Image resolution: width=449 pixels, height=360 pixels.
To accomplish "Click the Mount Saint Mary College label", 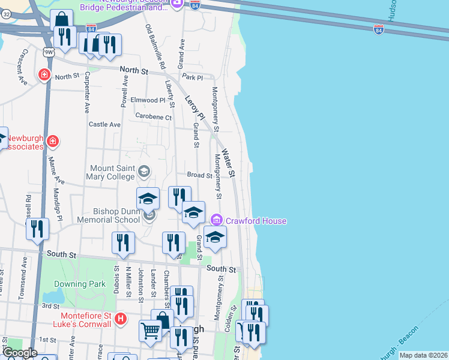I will tap(113, 172).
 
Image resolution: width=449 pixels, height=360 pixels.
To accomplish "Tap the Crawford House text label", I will tap(256, 221).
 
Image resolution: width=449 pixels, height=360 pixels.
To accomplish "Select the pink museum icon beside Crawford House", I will tap(217, 221).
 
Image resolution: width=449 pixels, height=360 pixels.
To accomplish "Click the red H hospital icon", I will tap(120, 317).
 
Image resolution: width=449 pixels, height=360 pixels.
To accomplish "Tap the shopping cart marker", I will tap(149, 329).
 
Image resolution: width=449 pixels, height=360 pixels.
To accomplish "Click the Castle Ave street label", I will tap(104, 124).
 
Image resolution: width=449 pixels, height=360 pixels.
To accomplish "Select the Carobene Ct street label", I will tap(153, 116).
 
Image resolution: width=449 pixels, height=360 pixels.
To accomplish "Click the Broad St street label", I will tap(199, 176).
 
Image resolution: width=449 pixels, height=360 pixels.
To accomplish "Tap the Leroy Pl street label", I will tap(194, 107).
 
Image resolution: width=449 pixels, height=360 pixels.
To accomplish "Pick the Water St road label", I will tap(229, 161).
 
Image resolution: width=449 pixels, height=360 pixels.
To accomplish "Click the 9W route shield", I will tap(49, 52).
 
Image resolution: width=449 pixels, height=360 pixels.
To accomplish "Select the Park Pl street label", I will tap(193, 77).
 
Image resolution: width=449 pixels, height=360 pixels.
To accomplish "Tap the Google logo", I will tap(20, 353).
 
